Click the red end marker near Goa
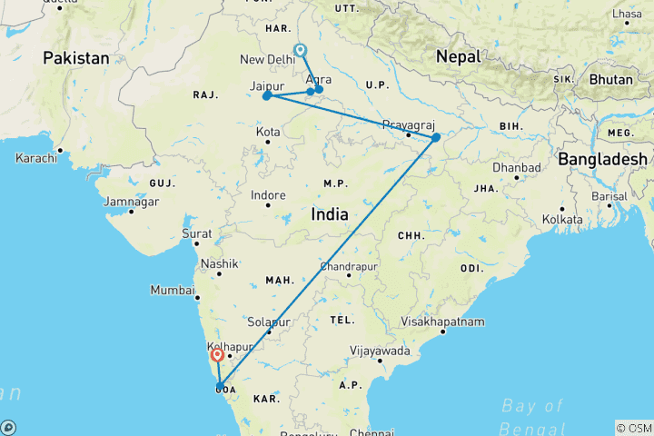pos(218,356)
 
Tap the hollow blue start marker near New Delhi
pos(301,52)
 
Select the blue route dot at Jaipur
pos(266,95)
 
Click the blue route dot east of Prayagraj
pos(436,137)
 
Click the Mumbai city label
pos(173,291)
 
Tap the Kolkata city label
pos(561,219)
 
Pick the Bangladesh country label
pos(602,158)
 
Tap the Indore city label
pos(269,195)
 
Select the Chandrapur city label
pos(349,267)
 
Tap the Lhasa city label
pos(627,15)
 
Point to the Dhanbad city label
pos(517,167)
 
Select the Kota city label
pos(267,132)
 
